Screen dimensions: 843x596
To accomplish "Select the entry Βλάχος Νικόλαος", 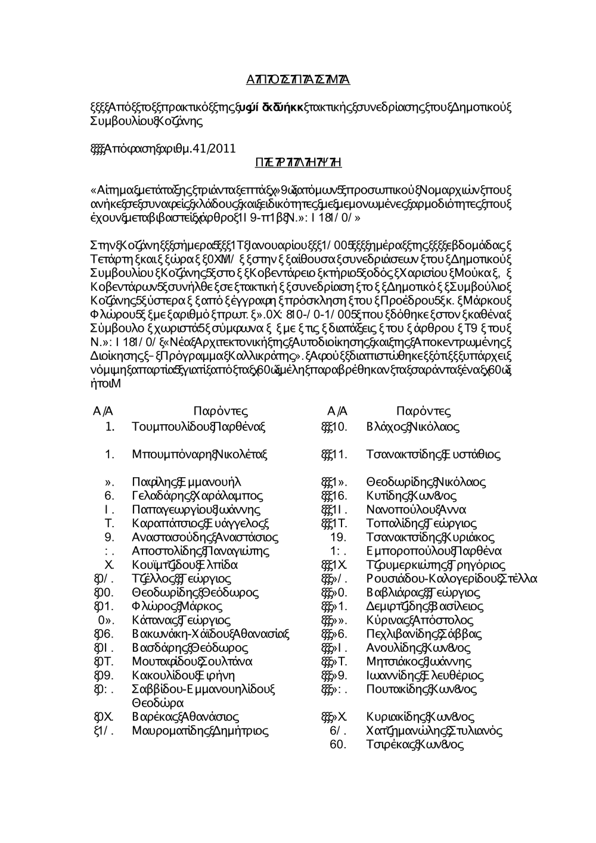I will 413,427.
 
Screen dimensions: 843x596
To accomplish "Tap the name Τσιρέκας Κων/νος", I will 415,744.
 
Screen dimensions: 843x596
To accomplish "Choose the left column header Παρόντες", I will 221,411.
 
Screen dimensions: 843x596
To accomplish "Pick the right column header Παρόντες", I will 423,411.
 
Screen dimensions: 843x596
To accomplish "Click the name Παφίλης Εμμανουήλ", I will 187,482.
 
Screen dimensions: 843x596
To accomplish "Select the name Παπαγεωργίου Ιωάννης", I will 196,510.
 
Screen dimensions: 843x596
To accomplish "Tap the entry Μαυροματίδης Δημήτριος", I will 200,730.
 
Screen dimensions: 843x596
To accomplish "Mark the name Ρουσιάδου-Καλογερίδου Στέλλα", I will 452,578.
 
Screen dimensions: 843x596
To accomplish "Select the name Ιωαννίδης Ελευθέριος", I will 425,676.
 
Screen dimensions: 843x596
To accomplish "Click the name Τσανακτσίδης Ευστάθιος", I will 433,455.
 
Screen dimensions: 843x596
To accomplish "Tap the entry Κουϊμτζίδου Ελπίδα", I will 185,565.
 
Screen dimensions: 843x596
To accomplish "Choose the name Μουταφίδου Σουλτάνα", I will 192,661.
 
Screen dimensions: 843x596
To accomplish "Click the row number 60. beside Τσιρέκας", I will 338,744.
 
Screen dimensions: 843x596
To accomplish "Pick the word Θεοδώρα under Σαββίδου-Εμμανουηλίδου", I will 156,702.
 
